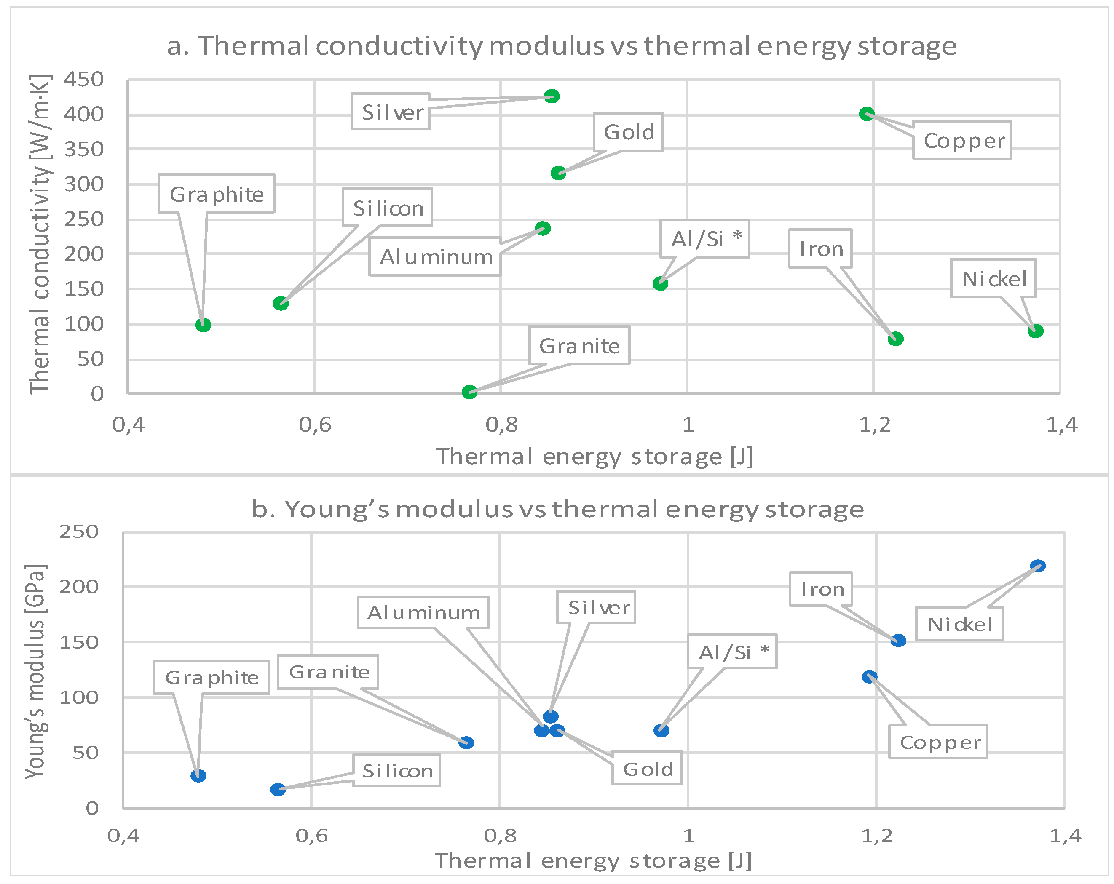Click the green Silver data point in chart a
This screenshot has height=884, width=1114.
click(x=552, y=96)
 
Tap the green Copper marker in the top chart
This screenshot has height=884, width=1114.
click(x=867, y=114)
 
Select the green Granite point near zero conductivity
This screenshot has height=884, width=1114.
click(x=469, y=392)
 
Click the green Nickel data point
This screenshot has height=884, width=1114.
click(x=1035, y=331)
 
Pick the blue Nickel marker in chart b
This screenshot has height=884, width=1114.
click(x=1038, y=566)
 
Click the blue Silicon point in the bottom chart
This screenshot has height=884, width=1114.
click(x=278, y=790)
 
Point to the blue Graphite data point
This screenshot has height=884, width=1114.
click(x=198, y=776)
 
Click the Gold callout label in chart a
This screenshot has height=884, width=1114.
click(x=628, y=132)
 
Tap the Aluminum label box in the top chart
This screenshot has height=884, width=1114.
click(x=435, y=256)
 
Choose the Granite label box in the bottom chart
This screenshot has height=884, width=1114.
click(x=328, y=672)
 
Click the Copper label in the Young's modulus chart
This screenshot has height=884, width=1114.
click(x=938, y=742)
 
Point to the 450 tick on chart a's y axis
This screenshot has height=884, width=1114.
click(x=84, y=80)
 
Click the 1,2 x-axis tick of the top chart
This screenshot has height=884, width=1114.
click(x=874, y=425)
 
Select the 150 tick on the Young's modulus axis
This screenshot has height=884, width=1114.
click(x=78, y=642)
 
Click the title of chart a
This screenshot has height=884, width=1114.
click(x=561, y=45)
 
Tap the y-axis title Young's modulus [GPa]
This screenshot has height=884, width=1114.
click(x=35, y=671)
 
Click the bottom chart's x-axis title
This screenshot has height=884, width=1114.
click(x=593, y=861)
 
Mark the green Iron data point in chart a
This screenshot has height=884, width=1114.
click(x=895, y=339)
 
